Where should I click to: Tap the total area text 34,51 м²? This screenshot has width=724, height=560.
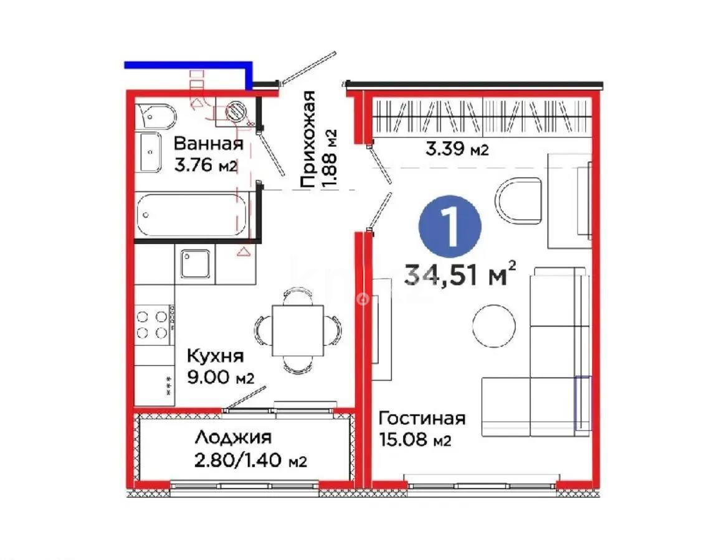(460, 274)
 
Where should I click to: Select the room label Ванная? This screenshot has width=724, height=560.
(207, 144)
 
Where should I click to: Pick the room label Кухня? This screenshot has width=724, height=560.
(216, 357)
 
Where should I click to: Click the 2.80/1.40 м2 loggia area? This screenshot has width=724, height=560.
(249, 461)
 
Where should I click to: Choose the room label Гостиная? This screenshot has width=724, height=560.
(422, 418)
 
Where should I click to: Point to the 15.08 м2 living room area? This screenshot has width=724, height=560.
(414, 441)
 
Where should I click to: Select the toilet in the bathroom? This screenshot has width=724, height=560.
(155, 115)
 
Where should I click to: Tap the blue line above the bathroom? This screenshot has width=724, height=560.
(187, 65)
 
